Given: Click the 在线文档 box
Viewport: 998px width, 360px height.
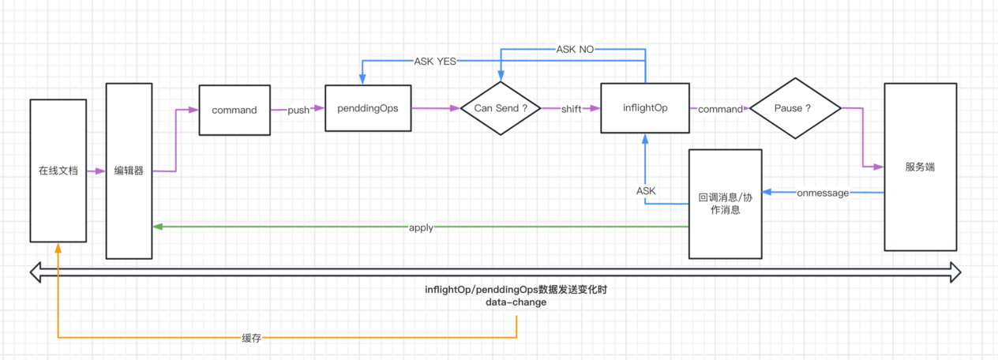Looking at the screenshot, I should point(58,170).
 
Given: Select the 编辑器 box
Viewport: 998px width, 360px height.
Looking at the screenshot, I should point(129,170).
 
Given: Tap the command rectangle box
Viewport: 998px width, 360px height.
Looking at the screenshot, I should point(234,110).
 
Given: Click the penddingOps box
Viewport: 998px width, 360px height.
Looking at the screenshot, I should point(367,108).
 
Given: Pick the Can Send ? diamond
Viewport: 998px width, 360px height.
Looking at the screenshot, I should point(500,108).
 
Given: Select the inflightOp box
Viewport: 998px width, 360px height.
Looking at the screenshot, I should point(645,107).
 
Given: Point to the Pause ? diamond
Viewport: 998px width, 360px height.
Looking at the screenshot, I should point(795,108).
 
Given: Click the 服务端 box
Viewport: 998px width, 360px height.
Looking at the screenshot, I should point(921,167).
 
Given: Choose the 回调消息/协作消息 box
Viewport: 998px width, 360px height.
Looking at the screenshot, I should point(725,204).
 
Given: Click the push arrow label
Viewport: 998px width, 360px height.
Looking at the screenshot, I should point(298,110).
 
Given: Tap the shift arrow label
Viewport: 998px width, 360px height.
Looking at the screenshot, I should point(571,109).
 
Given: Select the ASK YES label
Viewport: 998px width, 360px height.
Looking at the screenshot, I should point(434,61).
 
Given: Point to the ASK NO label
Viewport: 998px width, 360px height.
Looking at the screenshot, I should point(575,49).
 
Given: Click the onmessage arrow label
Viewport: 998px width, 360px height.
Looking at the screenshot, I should point(823,193).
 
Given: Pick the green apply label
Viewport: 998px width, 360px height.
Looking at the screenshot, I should point(421,227).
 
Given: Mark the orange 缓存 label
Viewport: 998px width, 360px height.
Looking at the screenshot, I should point(251,338).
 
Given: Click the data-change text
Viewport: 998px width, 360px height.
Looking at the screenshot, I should point(516,302).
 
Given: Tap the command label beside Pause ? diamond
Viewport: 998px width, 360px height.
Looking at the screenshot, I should point(720,109).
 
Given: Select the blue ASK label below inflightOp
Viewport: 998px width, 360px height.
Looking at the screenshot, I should point(646,190).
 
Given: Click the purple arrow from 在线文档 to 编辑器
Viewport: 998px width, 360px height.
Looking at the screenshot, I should point(96,170).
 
